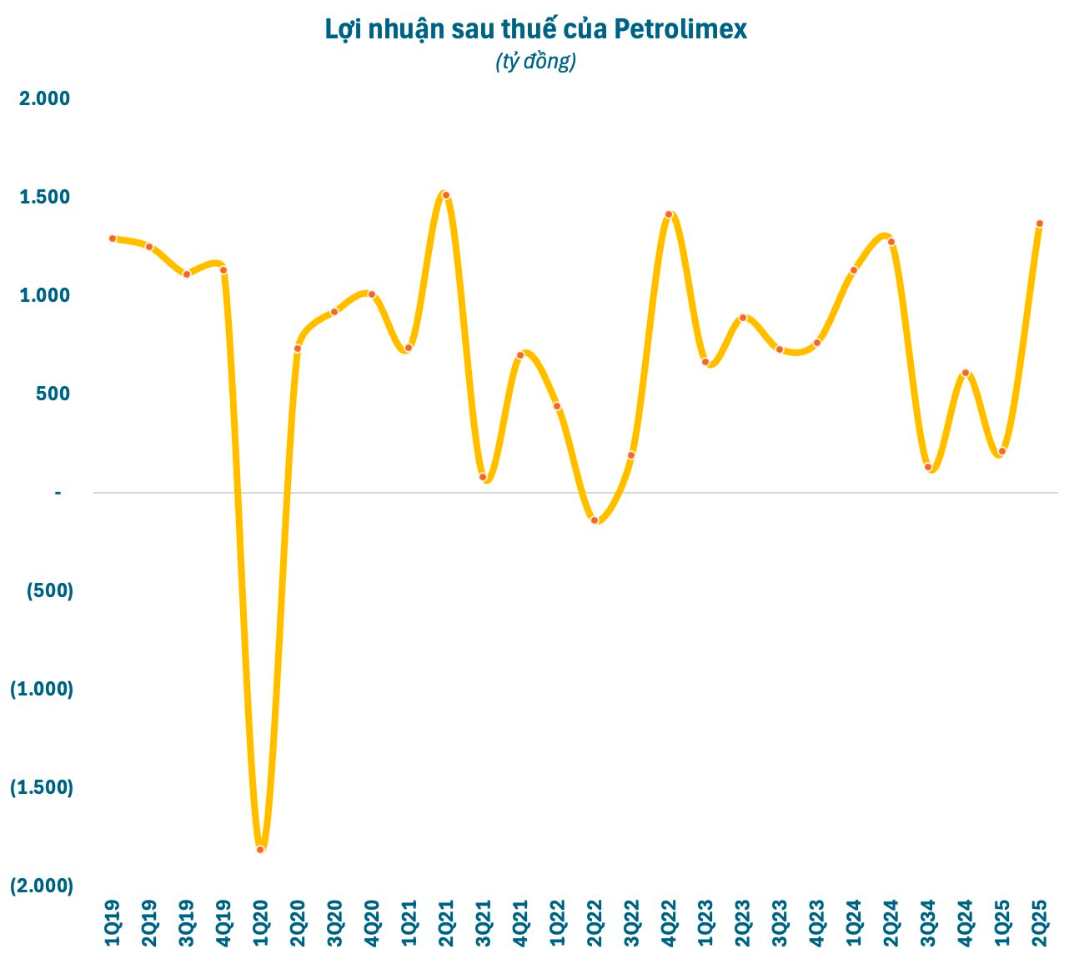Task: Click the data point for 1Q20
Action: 260,849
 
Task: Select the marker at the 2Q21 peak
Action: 446,195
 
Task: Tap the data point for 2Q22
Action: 595,520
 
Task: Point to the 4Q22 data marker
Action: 669,214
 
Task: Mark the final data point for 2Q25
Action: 1040,223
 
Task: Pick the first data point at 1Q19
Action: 113,238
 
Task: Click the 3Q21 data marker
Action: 483,477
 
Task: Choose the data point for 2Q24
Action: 891,242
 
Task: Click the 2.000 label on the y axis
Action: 45,99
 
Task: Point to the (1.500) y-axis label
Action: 42,787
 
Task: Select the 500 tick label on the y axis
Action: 53,394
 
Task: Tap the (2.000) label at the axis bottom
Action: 42,886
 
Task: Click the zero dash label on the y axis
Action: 58,493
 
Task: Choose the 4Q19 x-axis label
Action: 223,923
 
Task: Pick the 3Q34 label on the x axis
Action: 928,923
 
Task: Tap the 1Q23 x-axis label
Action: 706,923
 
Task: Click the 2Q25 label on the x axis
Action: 1040,923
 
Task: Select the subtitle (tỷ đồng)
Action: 535,62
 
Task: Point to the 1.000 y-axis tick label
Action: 45,295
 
